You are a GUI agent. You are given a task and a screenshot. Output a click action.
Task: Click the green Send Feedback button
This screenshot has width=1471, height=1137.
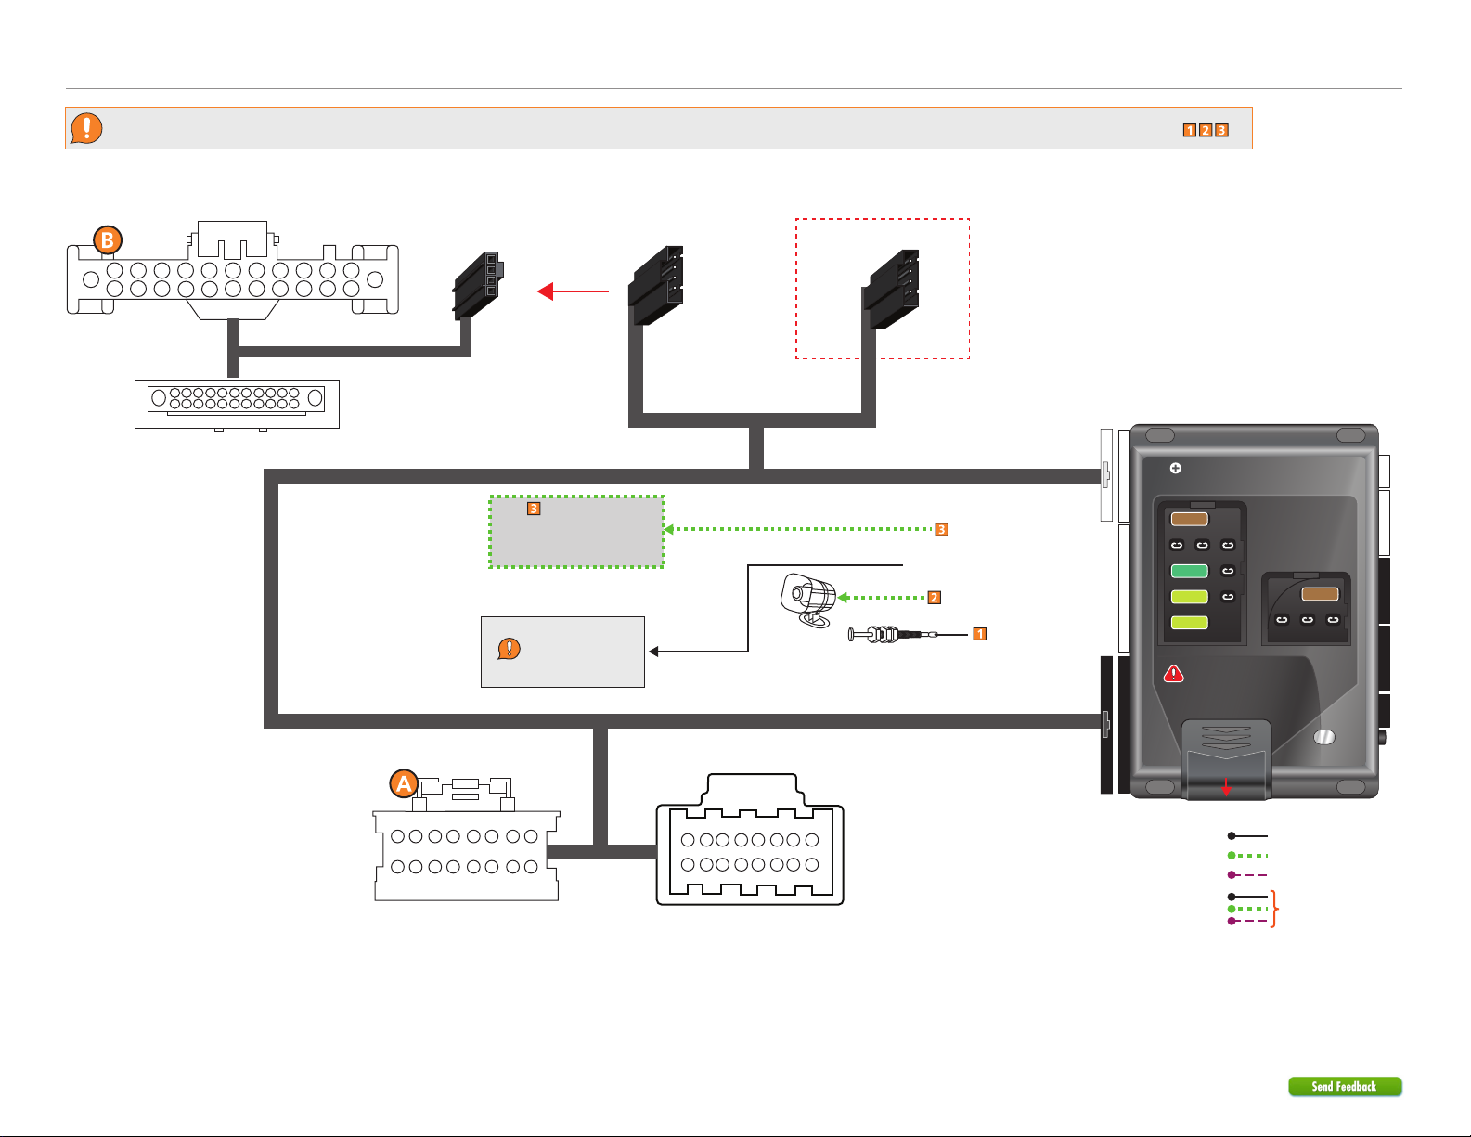tap(1345, 1086)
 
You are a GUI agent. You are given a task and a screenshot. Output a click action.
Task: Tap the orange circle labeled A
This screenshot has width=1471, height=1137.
tap(404, 784)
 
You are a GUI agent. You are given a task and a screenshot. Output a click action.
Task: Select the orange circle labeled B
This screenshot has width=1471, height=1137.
tap(108, 240)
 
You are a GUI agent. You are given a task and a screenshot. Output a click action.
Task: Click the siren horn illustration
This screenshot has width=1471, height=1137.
tap(808, 600)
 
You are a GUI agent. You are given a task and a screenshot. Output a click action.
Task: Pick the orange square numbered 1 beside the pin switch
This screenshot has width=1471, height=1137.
tap(979, 634)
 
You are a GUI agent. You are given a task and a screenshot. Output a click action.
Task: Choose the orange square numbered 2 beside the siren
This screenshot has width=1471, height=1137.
tap(935, 598)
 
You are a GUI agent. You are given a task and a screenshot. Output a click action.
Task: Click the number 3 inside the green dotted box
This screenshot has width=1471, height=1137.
tap(534, 509)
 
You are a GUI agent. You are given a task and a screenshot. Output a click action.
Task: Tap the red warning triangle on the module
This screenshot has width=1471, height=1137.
tap(1174, 674)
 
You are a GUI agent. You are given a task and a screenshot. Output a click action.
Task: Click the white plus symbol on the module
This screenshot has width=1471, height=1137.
tap(1175, 468)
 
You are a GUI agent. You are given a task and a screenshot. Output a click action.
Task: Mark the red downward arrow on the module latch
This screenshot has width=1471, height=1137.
tap(1227, 786)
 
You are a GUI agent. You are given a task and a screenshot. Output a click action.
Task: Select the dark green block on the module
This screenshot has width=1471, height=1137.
tap(1189, 571)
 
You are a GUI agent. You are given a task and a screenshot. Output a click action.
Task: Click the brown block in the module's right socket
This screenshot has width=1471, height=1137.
tap(1320, 594)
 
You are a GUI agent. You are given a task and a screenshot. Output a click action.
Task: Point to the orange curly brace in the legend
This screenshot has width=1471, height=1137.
tap(1275, 909)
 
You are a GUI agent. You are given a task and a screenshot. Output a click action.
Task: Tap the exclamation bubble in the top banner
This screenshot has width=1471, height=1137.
tap(86, 128)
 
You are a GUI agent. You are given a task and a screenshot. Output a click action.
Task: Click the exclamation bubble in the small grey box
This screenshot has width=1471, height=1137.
tap(509, 649)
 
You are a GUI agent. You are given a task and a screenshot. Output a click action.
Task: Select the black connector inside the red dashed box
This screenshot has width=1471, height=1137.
tap(894, 289)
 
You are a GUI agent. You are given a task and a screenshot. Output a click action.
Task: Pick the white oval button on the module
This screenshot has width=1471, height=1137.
tap(1324, 737)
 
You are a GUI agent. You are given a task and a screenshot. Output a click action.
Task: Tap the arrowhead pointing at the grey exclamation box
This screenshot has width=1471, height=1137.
tap(653, 652)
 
